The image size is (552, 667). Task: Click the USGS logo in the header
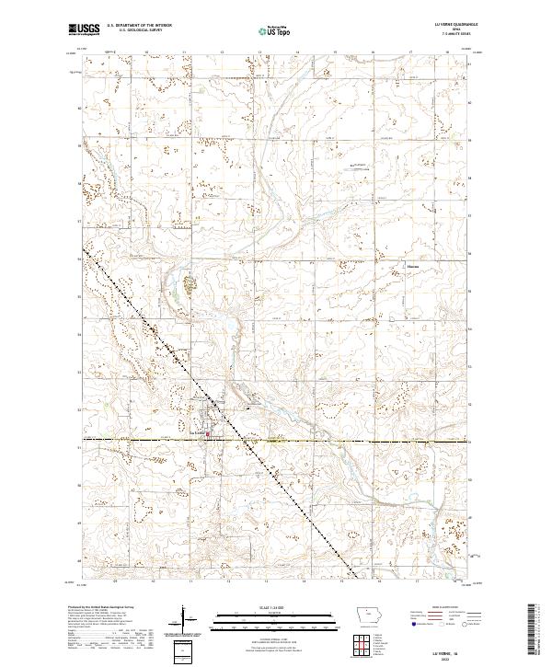tap(85, 29)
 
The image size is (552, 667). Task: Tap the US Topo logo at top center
tap(264, 29)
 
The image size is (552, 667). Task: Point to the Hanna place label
tap(413, 268)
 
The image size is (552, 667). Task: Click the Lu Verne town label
tap(196, 432)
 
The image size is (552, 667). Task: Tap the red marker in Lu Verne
tap(208, 434)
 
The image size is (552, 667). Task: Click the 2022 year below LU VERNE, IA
tap(456, 655)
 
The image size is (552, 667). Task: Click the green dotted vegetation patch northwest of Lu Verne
tap(190, 285)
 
